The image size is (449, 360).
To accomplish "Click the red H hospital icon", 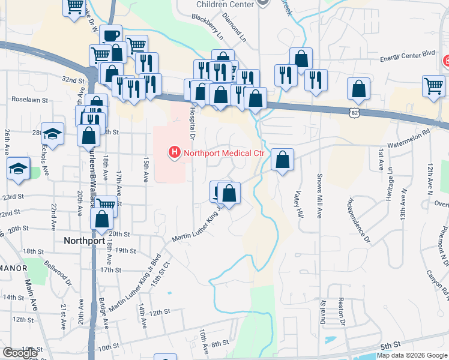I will (x=174, y=153).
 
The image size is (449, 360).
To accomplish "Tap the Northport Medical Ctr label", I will (x=224, y=153).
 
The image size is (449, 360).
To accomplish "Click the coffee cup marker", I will (x=110, y=35).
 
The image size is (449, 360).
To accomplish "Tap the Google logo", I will (x=20, y=353).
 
